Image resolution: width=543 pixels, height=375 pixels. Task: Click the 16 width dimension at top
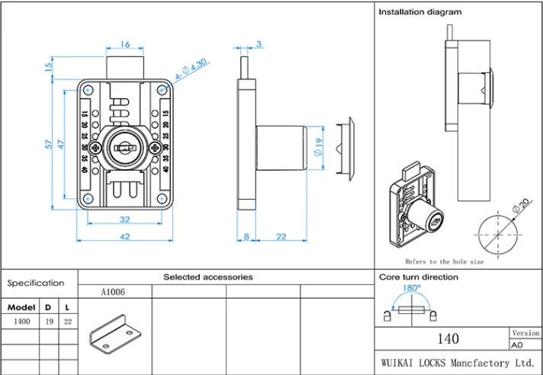[x=125, y=44]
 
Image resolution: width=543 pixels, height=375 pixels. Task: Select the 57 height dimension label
[x=47, y=143]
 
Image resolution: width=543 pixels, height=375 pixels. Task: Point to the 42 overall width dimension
[x=125, y=236]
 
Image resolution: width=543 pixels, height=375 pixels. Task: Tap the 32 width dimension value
[x=125, y=220]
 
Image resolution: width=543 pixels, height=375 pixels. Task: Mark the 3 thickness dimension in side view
[x=259, y=44]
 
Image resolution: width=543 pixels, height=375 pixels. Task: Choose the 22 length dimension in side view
[x=281, y=236]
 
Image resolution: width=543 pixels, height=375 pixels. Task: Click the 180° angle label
[x=411, y=289]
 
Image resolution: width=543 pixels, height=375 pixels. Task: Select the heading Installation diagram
[x=420, y=12]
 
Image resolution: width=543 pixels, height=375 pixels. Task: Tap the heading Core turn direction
[x=419, y=277]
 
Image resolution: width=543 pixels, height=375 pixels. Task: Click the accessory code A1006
[x=113, y=292]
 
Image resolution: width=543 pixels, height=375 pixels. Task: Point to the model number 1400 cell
[x=22, y=322]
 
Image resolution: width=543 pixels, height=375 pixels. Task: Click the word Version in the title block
[x=525, y=333]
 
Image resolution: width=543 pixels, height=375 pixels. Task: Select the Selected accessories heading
[x=207, y=277]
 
